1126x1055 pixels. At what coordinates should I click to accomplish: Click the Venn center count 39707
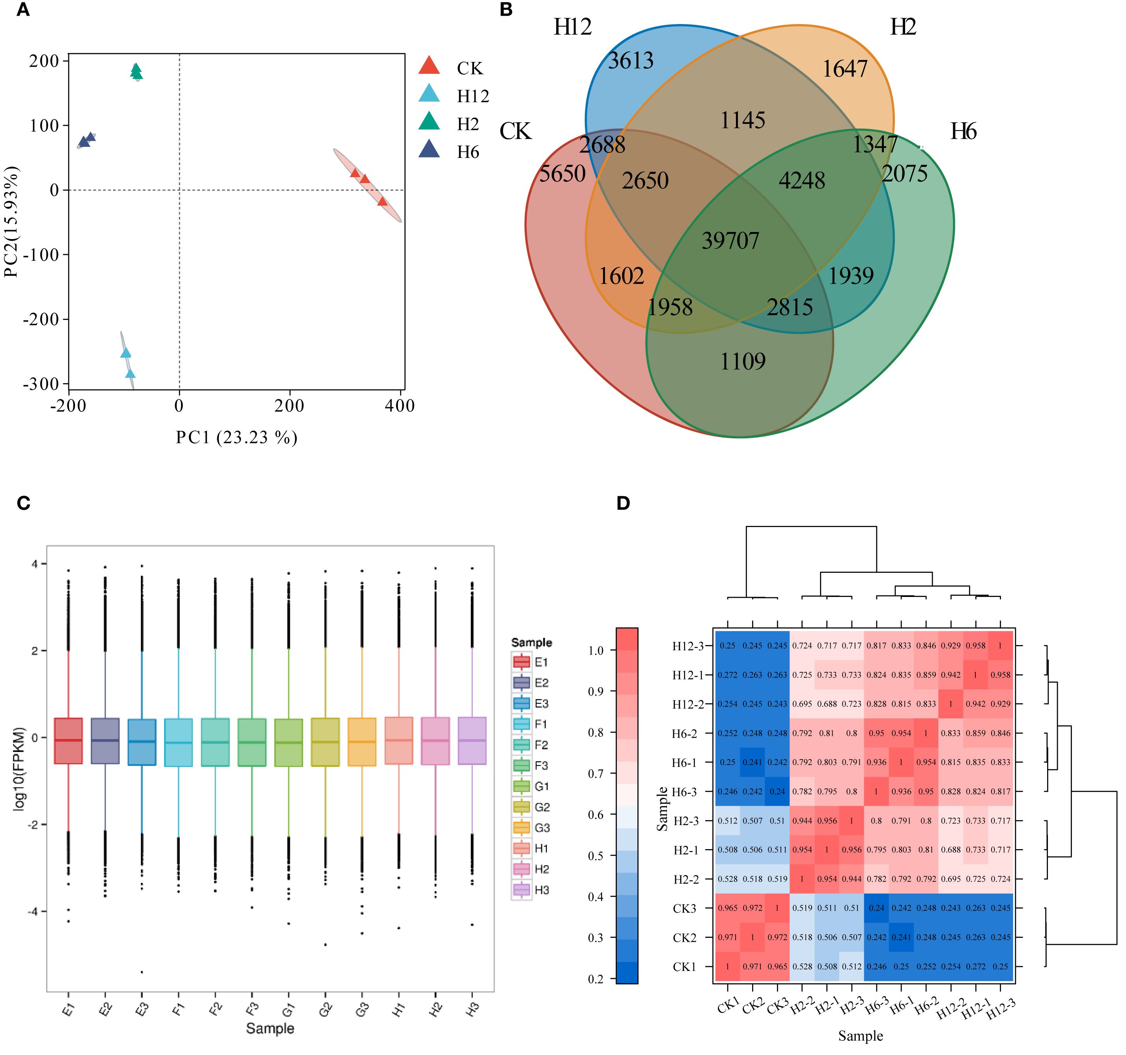(x=730, y=241)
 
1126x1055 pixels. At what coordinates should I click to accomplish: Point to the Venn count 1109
(x=743, y=361)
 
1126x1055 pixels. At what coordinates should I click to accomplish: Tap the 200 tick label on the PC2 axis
(x=44, y=61)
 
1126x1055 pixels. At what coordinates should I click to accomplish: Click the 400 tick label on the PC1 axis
(x=400, y=406)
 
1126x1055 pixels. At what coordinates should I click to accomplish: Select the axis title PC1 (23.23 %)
(x=236, y=438)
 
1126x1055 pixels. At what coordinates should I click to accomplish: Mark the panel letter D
(x=623, y=503)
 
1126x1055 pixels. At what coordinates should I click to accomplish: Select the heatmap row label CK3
(x=684, y=909)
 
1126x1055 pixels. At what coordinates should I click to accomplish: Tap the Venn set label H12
(x=572, y=27)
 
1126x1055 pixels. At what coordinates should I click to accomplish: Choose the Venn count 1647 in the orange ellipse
(x=844, y=69)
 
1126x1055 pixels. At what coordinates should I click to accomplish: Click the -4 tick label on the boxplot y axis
(x=32, y=912)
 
